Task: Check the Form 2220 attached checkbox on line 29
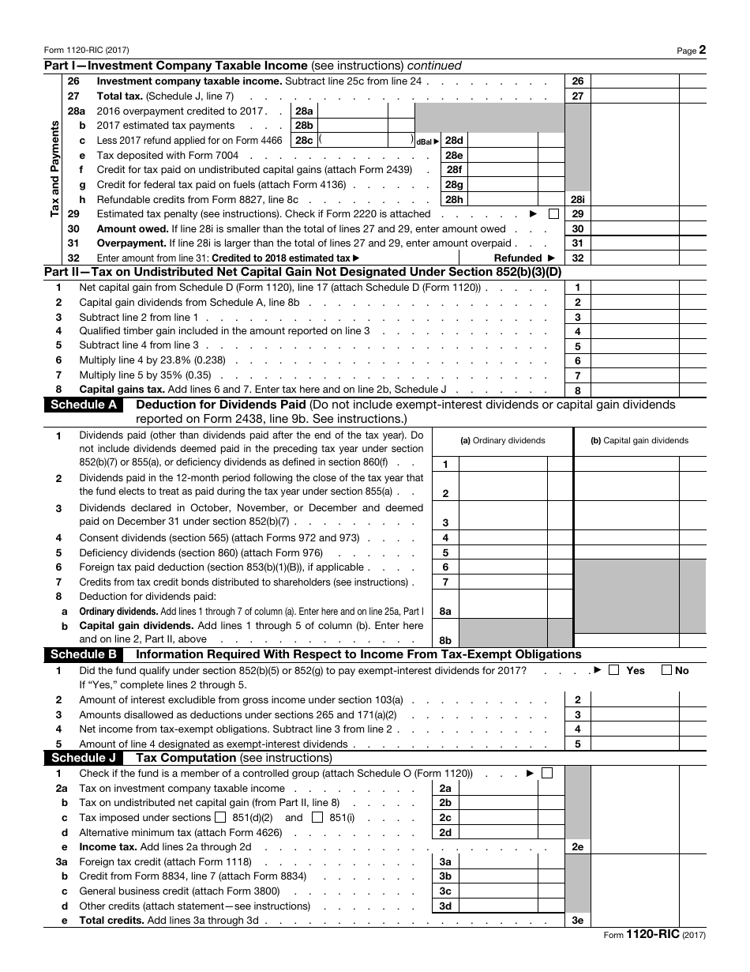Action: pos(553,213)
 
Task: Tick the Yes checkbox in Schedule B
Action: pos(613,670)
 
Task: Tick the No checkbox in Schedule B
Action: pos(666,670)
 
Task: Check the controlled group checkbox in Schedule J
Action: pos(547,773)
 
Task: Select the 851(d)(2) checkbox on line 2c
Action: pos(220,817)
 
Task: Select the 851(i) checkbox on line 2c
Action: pos(317,817)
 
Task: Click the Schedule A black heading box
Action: pos(84,405)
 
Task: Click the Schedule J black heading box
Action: pos(84,757)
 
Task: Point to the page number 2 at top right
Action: pos(702,49)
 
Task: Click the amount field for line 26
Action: pos(634,81)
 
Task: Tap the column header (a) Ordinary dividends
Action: pos(503,441)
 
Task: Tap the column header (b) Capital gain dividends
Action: pos(639,441)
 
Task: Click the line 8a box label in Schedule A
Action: pos(445,611)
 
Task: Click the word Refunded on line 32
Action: pos(518,258)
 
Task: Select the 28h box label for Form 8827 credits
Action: pos(454,199)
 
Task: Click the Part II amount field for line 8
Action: pos(634,390)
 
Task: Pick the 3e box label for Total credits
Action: pos(577,921)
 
